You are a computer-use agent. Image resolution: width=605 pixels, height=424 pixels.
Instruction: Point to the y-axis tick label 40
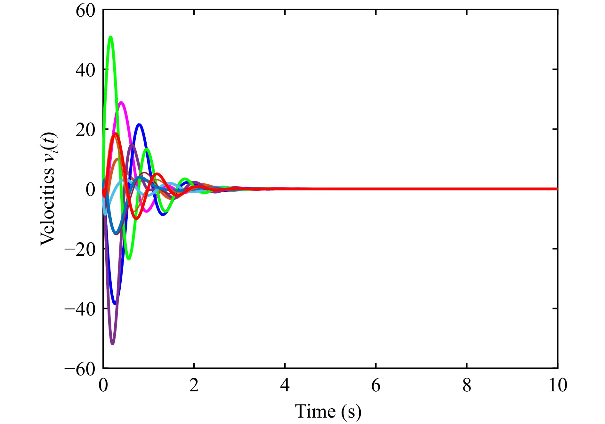point(85,70)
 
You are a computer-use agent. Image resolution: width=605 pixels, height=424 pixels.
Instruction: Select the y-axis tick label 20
point(85,130)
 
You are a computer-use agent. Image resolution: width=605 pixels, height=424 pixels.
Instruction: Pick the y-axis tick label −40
point(80,309)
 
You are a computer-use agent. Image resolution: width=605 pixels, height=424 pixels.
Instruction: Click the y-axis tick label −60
point(80,369)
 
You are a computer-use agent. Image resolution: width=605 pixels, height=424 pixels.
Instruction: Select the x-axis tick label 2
point(194,386)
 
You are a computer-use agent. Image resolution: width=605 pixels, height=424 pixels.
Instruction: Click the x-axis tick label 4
point(285,386)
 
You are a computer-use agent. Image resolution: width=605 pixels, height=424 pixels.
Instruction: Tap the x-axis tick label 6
point(376,386)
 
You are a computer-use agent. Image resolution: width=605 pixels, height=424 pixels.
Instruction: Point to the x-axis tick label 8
point(467,386)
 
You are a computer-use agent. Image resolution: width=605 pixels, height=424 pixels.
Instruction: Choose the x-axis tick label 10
point(558,386)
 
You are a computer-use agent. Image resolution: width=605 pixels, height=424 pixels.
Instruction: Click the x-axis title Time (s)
point(328,412)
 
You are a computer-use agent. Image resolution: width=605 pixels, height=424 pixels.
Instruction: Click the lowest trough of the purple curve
point(112,344)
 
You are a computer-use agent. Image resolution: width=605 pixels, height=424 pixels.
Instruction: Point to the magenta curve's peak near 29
point(121,102)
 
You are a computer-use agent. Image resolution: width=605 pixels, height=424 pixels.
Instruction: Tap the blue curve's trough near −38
point(115,304)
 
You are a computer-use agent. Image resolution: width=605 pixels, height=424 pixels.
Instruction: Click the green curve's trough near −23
point(129,259)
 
